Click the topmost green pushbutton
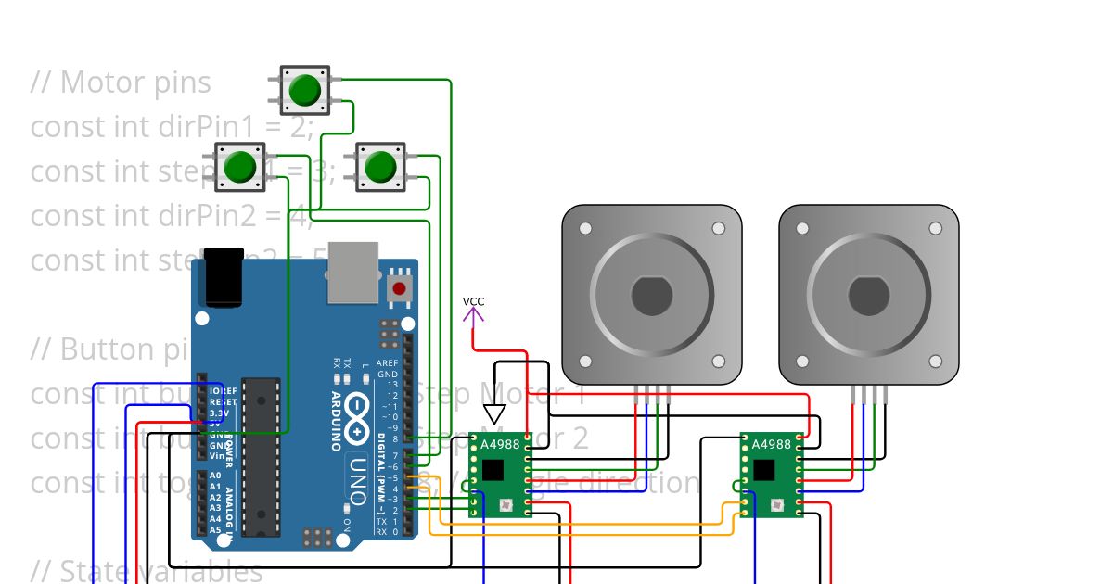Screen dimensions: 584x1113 304,90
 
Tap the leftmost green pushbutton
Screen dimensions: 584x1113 240,167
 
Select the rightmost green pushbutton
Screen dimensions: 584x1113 380,167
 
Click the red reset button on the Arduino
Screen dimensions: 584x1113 399,288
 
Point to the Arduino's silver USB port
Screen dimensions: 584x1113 352,273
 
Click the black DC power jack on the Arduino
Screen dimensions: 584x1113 224,276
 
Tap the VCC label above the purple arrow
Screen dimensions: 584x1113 473,301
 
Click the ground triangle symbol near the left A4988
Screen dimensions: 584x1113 494,413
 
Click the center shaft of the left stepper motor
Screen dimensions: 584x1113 651,296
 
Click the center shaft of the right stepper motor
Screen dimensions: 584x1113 868,296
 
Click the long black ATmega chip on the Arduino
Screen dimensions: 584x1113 261,456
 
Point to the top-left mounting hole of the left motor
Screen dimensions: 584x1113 584,228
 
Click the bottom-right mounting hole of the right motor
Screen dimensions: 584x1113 935,362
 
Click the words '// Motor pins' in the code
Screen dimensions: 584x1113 121,83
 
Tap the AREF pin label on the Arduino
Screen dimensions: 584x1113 389,363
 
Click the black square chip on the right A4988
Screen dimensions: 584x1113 763,469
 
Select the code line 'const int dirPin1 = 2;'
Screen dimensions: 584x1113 172,127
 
